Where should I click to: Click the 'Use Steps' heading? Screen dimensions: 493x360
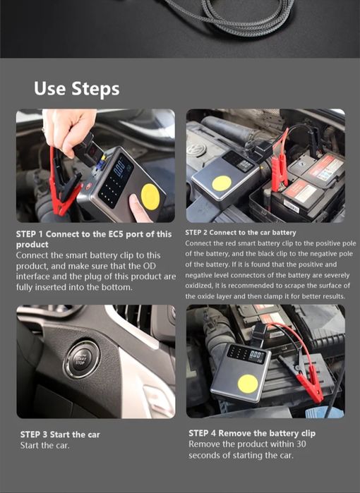pyautogui.click(x=76, y=89)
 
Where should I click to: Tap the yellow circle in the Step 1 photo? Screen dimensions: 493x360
pyautogui.click(x=150, y=194)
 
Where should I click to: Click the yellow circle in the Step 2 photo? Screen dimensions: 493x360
pyautogui.click(x=222, y=183)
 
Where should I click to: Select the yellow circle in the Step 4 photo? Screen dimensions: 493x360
pyautogui.click(x=247, y=384)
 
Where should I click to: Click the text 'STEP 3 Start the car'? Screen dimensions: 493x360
pyautogui.click(x=60, y=434)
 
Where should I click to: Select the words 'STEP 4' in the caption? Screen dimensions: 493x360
pyautogui.click(x=203, y=433)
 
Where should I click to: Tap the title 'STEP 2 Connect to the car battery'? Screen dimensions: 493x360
pyautogui.click(x=241, y=233)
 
